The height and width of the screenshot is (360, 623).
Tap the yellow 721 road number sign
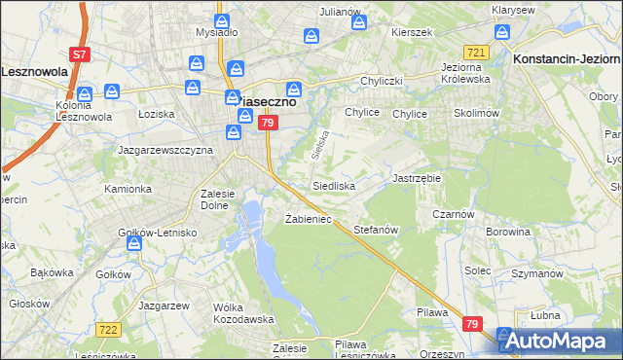click(475, 52)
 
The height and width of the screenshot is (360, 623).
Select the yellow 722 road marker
click(108, 331)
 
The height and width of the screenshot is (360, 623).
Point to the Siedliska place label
click(333, 185)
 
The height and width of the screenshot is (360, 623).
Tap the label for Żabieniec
click(308, 219)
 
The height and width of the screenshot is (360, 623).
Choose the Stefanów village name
click(377, 230)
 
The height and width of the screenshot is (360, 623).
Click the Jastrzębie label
click(417, 179)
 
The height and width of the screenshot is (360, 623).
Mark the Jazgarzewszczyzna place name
click(165, 151)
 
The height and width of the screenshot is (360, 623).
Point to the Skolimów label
click(476, 113)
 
